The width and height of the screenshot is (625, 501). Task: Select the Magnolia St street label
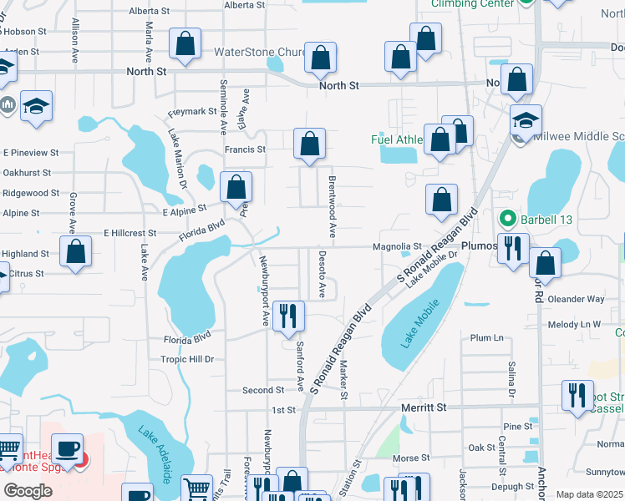click(397, 246)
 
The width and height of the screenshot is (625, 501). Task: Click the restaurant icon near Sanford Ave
click(288, 316)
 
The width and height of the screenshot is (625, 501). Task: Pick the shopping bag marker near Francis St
click(309, 144)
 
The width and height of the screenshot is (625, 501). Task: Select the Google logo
click(28, 490)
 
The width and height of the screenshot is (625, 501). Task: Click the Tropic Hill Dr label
click(188, 359)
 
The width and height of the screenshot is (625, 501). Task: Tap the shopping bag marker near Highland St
click(76, 253)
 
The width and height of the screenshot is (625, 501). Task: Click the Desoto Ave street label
click(323, 274)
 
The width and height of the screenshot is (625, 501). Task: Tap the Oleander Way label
click(576, 299)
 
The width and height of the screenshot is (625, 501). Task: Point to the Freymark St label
click(192, 113)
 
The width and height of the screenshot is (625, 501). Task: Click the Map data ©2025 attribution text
click(589, 494)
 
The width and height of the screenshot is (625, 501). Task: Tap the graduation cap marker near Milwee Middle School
click(526, 120)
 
